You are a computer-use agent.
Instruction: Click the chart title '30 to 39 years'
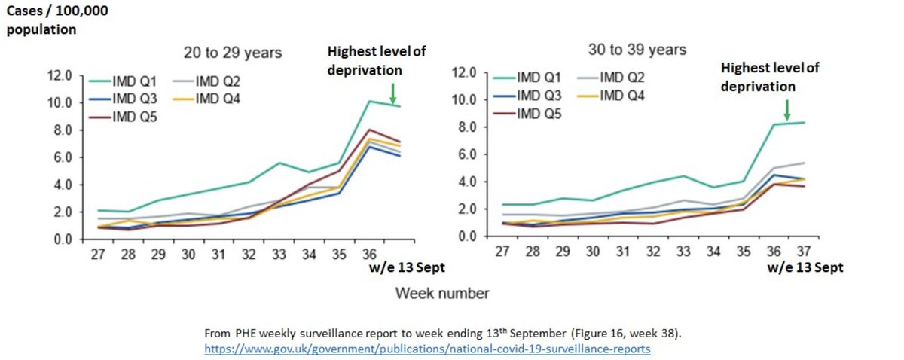click(x=637, y=50)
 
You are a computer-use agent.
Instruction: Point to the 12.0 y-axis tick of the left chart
click(x=57, y=75)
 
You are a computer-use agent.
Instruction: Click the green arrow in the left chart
click(x=392, y=94)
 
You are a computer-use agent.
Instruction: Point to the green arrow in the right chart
click(x=786, y=110)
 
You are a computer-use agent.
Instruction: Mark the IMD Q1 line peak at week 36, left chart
click(x=369, y=101)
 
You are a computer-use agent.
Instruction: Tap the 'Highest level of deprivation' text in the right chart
click(x=769, y=76)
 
